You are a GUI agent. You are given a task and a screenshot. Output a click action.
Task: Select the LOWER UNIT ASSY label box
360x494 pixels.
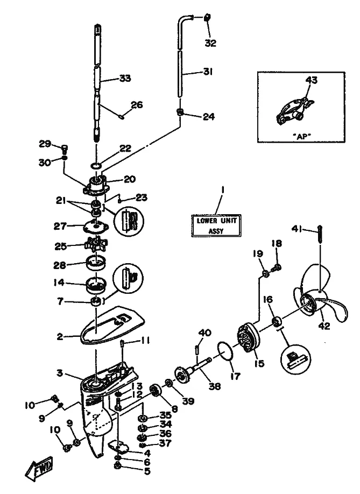215,225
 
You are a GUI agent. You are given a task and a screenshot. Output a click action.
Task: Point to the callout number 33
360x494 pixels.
125,79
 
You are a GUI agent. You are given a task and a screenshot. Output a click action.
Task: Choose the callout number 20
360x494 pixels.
130,179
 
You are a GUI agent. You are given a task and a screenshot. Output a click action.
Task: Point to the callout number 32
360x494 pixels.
211,43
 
